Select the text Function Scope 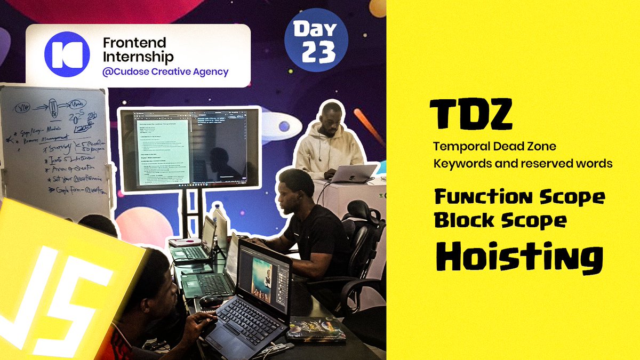[519, 197]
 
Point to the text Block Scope [500, 220]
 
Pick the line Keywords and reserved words [523, 163]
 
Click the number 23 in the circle [319, 52]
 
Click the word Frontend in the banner [134, 43]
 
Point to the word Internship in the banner [138, 57]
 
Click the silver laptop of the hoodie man [353, 173]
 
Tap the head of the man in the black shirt [297, 186]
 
